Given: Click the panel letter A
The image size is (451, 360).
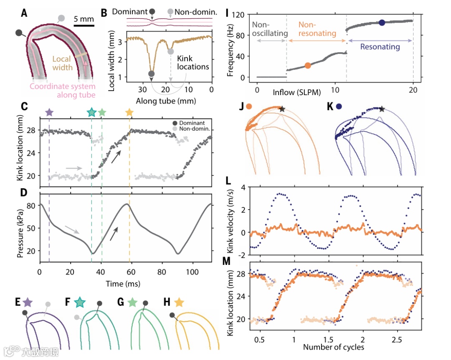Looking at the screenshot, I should pyautogui.click(x=25, y=13).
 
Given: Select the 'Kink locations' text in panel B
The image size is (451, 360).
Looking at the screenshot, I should pyautogui.click(x=193, y=62).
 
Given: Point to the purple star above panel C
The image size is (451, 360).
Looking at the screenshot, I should pyautogui.click(x=49, y=112).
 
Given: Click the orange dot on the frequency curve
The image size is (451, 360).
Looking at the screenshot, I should pyautogui.click(x=308, y=65).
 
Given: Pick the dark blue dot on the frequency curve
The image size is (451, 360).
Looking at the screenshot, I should pyautogui.click(x=382, y=23).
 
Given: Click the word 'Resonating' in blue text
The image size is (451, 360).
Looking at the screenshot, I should pyautogui.click(x=380, y=47).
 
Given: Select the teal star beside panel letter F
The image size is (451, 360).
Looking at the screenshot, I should pyautogui.click(x=79, y=302).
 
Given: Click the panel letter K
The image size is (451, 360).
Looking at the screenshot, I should pyautogui.click(x=331, y=107).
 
